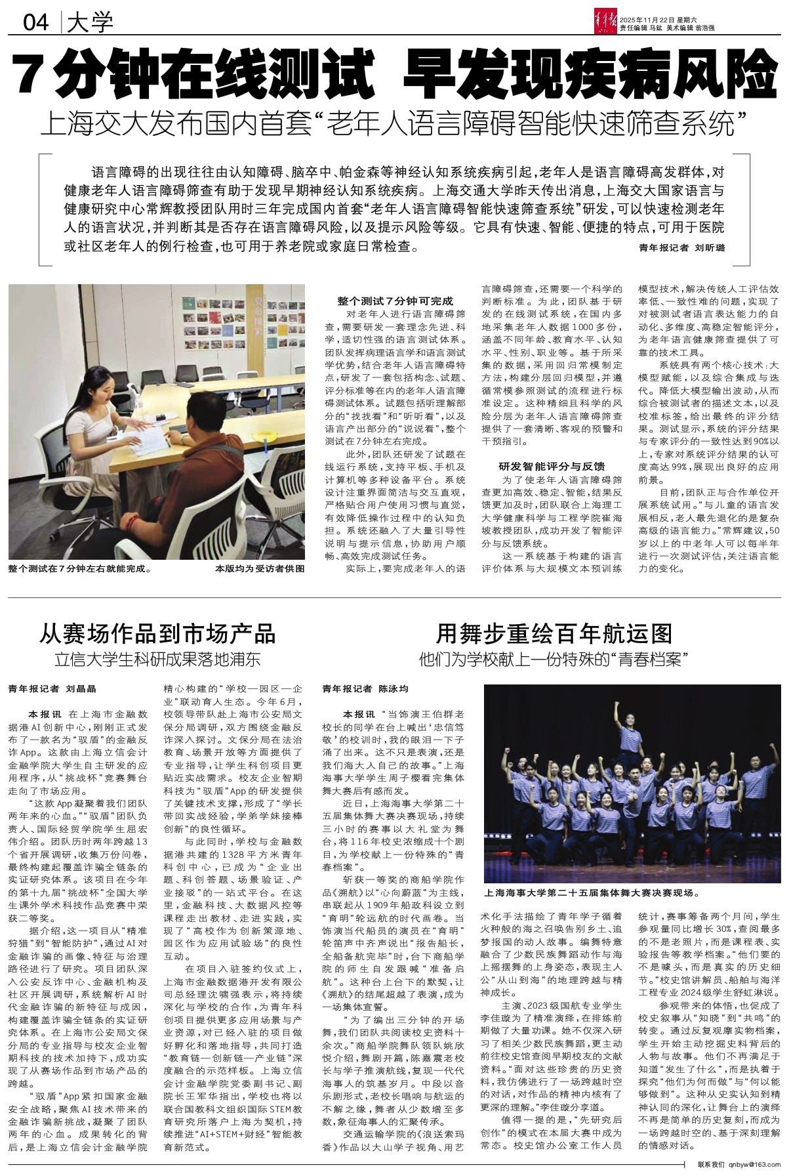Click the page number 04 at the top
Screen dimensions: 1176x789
pyautogui.click(x=36, y=24)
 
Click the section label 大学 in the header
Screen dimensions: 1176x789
pyautogui.click(x=91, y=24)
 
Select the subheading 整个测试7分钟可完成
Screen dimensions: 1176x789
pyautogui.click(x=395, y=301)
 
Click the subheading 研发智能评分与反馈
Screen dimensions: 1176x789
pyautogui.click(x=552, y=467)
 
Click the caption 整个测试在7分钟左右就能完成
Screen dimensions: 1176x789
pyautogui.click(x=81, y=569)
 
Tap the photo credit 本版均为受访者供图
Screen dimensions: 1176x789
pyautogui.click(x=260, y=569)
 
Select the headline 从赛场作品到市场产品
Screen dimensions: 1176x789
pyautogui.click(x=157, y=633)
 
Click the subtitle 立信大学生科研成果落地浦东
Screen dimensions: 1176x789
pyautogui.click(x=157, y=659)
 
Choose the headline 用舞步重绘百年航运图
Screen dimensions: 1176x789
pyautogui.click(x=555, y=633)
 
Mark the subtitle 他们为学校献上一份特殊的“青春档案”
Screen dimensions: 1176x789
pyautogui.click(x=555, y=658)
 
